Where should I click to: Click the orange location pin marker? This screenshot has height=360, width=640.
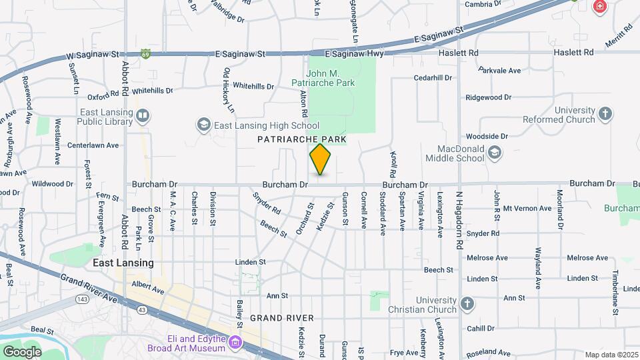321,159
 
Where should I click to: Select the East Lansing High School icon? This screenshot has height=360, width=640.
203,125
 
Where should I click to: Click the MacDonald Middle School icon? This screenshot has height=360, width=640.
495,153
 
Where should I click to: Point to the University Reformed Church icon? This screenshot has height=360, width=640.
605,114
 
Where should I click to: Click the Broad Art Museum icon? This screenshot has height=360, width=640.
234,343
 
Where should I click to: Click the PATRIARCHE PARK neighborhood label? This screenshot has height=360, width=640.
302,139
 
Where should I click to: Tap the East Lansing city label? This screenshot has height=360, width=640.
123,263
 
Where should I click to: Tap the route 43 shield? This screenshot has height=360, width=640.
141,310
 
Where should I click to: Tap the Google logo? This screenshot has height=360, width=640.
22,351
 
